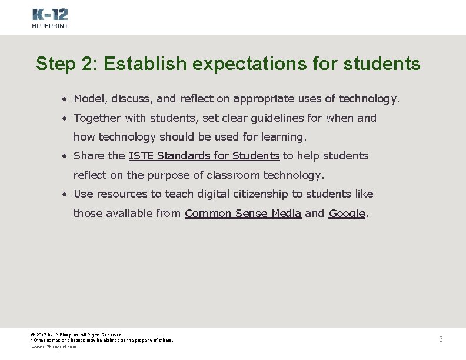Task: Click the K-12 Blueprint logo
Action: tap(49, 18)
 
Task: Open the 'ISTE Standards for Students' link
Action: tap(204, 156)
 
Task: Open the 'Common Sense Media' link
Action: tap(243, 214)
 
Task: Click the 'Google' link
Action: tap(347, 214)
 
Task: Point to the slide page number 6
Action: tap(441, 339)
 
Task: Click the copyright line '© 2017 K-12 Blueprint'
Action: tap(76, 335)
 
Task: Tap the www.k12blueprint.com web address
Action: tap(54, 347)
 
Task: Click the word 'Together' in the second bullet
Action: tap(96, 118)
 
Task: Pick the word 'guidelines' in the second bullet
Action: tap(272, 118)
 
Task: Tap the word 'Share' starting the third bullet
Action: tap(89, 156)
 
